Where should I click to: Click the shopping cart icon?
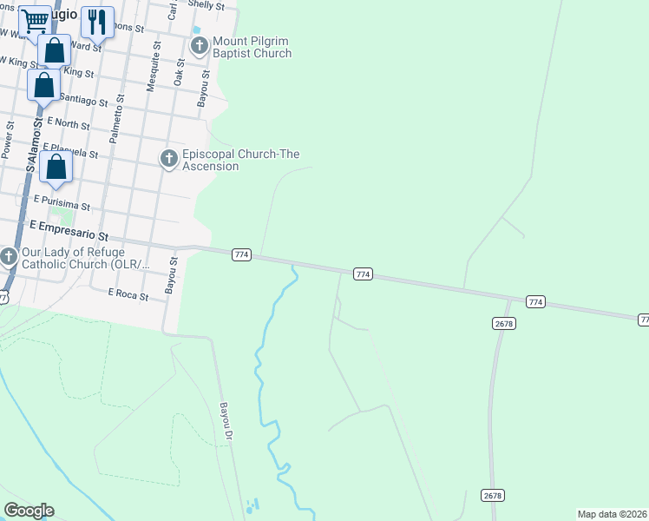click(x=36, y=19)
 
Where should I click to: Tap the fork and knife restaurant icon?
click(x=97, y=21)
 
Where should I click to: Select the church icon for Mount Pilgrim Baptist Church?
click(x=200, y=45)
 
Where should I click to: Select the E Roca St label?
click(x=128, y=294)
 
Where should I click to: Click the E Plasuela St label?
click(x=69, y=151)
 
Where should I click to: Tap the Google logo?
click(x=29, y=510)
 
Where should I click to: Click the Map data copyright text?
click(x=612, y=514)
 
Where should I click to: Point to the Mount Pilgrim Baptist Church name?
click(x=252, y=47)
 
